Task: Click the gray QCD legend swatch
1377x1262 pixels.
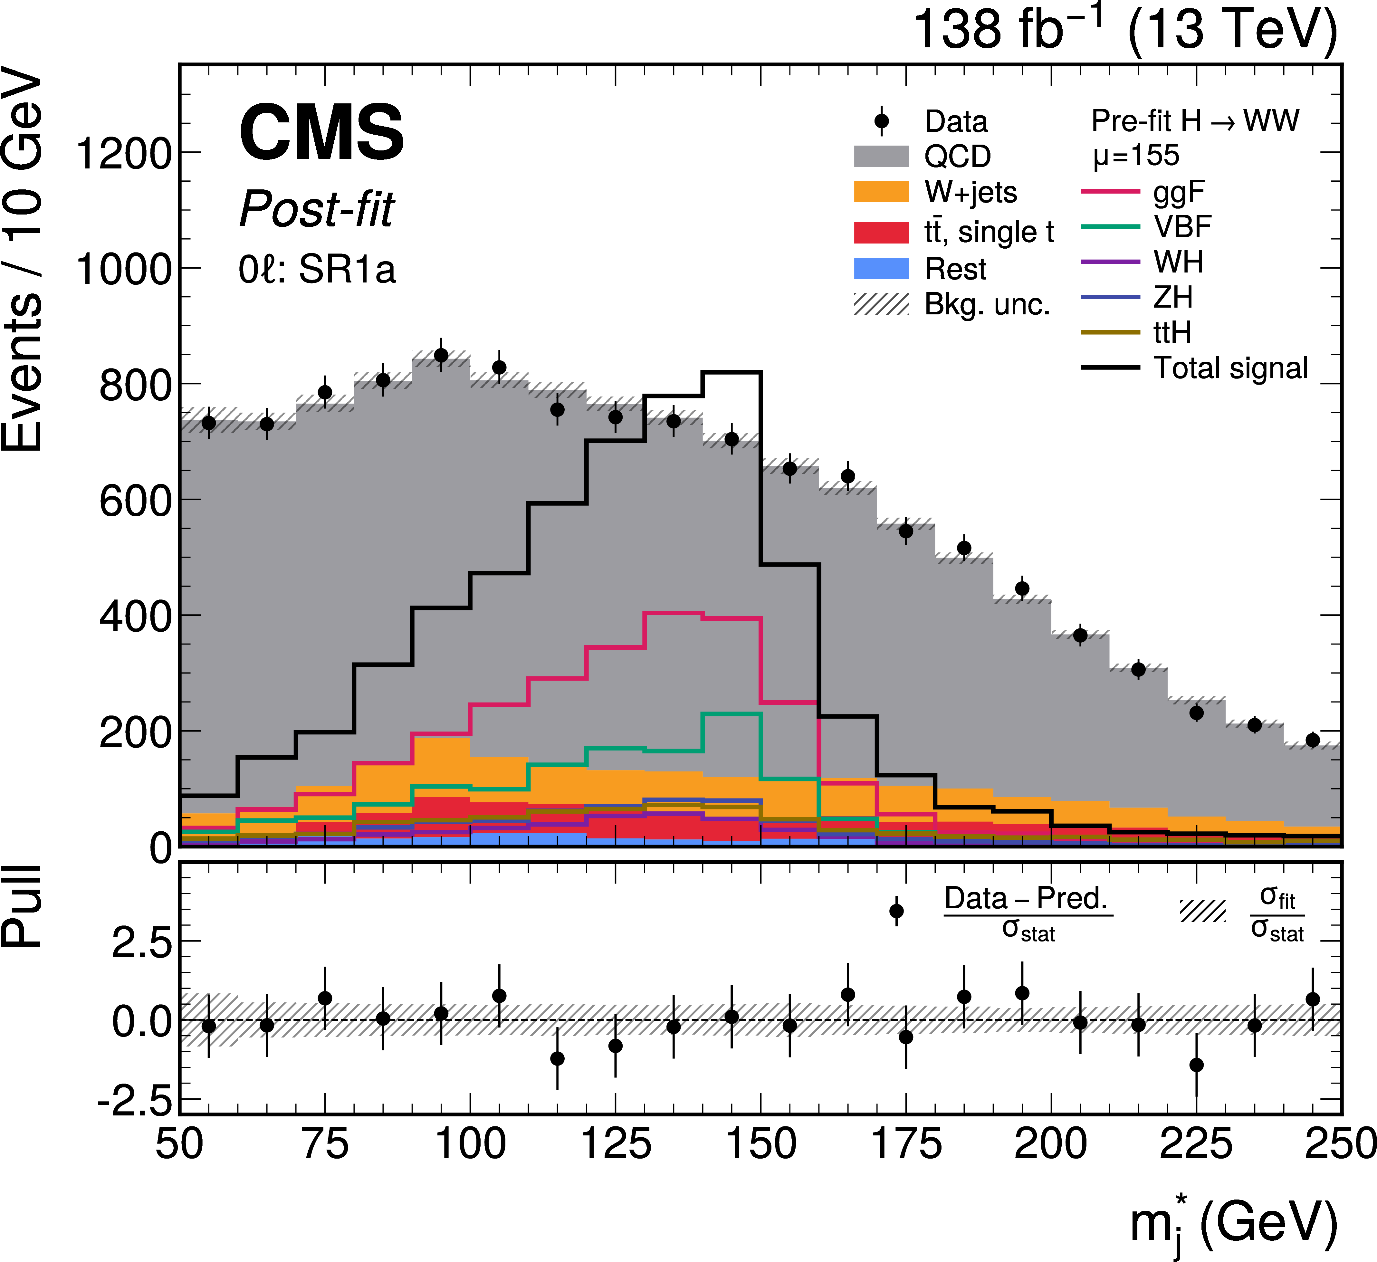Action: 881,157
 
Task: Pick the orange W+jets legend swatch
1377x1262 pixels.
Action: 881,192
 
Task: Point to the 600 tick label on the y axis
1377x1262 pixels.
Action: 135,501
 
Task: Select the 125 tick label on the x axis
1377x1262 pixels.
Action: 616,1144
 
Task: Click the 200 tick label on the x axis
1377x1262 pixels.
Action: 1050,1144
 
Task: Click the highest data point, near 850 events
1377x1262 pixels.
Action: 441,355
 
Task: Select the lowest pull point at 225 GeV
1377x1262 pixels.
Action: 1196,1065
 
